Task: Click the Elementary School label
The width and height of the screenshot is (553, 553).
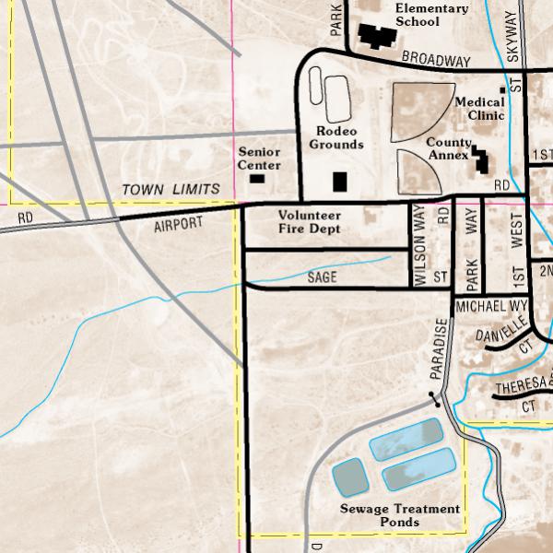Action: [x=431, y=15]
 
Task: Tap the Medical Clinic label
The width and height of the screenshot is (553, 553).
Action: [x=479, y=109]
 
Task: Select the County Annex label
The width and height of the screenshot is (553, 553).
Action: [x=449, y=149]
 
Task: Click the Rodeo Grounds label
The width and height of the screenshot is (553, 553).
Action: [x=336, y=138]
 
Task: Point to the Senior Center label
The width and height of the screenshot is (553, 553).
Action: [x=259, y=159]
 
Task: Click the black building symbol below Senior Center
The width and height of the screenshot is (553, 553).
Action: [x=257, y=177]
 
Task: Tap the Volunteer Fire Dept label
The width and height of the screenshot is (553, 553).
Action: [x=310, y=221]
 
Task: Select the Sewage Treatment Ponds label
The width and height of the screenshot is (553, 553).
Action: [x=399, y=515]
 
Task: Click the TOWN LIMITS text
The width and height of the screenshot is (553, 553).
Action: [x=171, y=189]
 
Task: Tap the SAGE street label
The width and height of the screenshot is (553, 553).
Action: [x=323, y=276]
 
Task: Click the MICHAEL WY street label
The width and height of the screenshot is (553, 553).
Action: [x=490, y=305]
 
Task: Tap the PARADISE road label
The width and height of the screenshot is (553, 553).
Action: [x=441, y=350]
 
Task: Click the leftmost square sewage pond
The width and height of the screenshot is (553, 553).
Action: [x=349, y=477]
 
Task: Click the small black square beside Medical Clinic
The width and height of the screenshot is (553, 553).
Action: [x=502, y=89]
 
